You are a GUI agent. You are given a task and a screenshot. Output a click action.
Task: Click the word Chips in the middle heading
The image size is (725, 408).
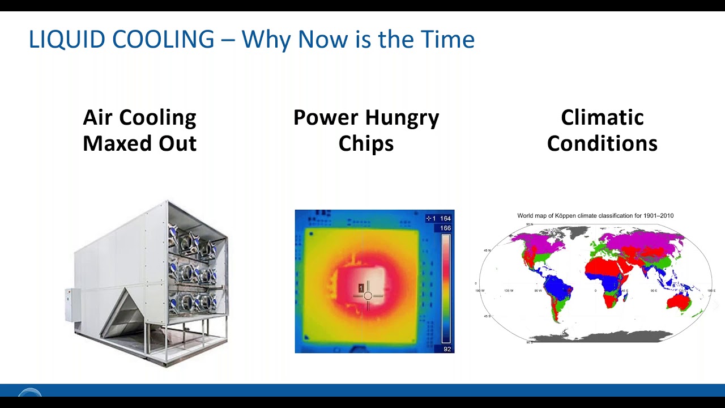pos(366,143)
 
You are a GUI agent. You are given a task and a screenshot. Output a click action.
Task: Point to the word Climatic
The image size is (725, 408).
pos(602,118)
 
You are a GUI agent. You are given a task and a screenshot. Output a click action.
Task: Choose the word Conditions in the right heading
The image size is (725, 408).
pos(602,143)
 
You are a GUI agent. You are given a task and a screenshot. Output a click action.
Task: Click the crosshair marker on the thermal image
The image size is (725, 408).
pos(368,295)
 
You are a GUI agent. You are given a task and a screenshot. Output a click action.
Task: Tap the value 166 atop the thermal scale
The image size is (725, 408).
pos(445,228)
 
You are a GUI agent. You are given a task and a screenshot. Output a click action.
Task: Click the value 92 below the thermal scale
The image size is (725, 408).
pos(447,349)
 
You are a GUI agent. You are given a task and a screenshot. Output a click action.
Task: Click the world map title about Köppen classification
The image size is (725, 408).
pos(595,216)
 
